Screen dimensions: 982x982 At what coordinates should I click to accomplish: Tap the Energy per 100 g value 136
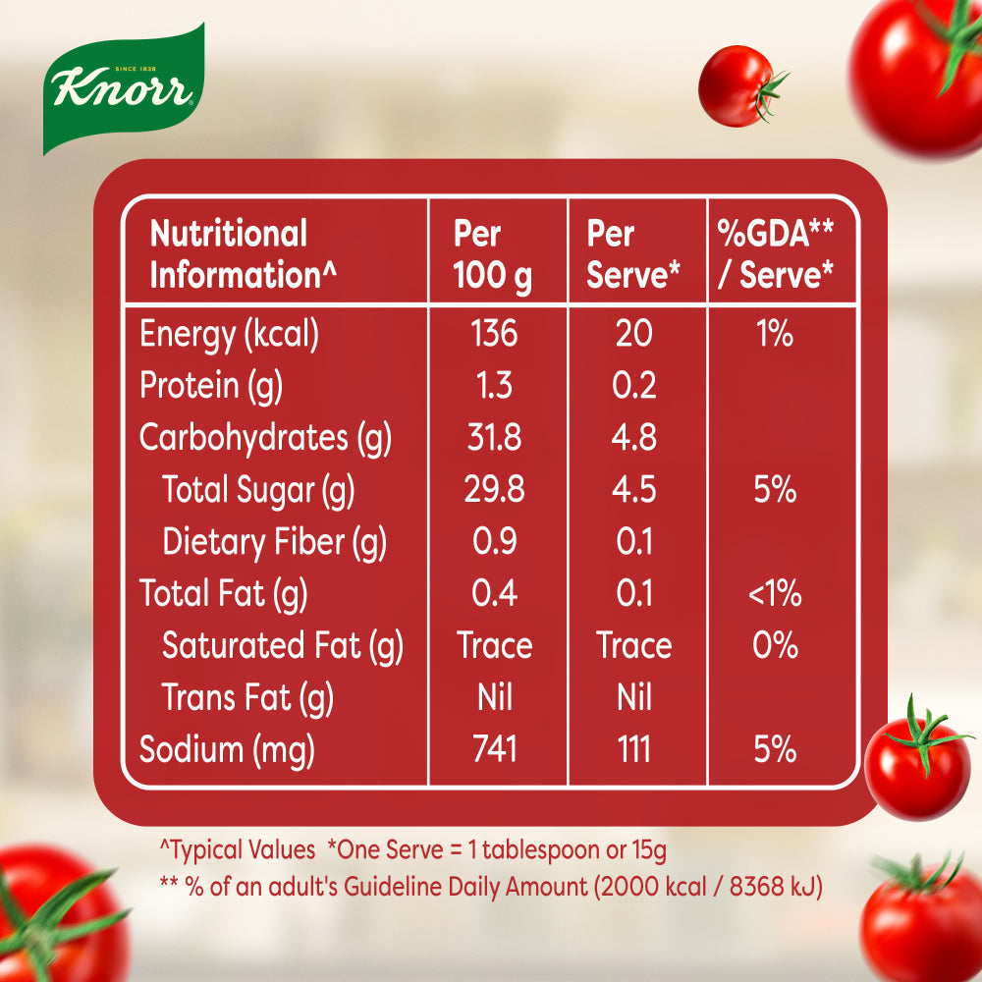coord(494,334)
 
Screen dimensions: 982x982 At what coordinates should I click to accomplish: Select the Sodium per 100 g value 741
coord(494,750)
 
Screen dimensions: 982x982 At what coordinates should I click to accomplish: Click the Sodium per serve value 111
coord(634,750)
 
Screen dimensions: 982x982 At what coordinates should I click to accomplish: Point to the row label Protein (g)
coord(211,386)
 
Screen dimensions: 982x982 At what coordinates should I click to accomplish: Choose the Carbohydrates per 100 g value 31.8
coord(494,438)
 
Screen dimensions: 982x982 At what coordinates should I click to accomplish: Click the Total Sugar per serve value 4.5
coord(634,490)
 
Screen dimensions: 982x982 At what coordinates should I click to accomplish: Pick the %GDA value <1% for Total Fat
coord(775,594)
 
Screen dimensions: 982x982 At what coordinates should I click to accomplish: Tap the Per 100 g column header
coord(492,255)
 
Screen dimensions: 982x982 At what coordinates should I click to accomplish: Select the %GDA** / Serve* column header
coord(775,255)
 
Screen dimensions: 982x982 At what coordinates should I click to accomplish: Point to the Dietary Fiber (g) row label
coord(274,542)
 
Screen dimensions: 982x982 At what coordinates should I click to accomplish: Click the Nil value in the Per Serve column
coord(634,698)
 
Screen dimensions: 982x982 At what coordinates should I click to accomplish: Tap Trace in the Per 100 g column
coord(495,646)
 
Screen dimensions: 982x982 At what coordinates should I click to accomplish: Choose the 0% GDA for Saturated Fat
coord(775,646)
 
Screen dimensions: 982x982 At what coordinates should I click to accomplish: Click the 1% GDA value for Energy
coord(775,334)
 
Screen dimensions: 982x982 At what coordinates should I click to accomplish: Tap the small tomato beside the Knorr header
coord(739,85)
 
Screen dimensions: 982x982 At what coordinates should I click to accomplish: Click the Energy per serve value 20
coord(634,334)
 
